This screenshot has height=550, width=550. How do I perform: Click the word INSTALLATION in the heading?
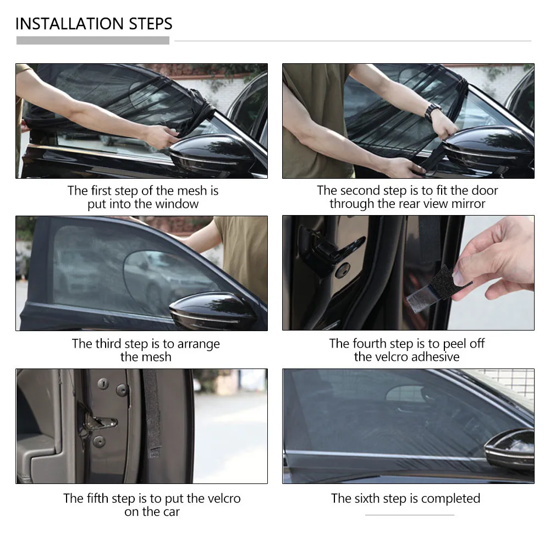point(69,24)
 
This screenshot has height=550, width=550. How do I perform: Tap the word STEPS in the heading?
point(151,24)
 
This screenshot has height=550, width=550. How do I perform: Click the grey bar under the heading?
point(93,40)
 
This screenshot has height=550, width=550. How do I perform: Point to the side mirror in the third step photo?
point(213,311)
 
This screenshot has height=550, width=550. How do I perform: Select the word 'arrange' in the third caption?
point(199,344)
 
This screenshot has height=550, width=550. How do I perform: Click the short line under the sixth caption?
point(410,515)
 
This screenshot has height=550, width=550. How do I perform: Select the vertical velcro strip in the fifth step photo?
point(152,414)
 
